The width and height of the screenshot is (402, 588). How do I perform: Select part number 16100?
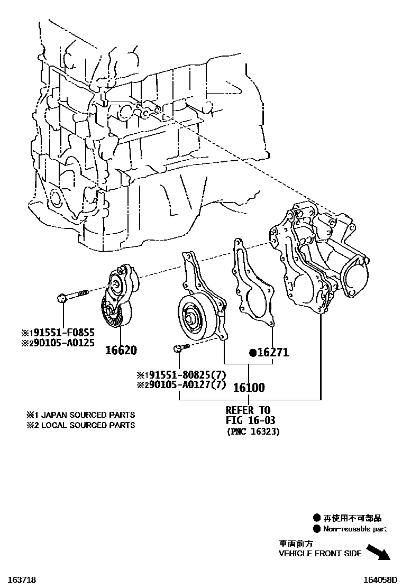click(x=249, y=388)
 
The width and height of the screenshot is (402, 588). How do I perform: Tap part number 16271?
click(x=272, y=353)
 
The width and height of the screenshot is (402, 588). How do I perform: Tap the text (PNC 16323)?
click(x=253, y=431)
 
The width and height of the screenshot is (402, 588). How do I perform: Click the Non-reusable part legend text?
click(x=355, y=529)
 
